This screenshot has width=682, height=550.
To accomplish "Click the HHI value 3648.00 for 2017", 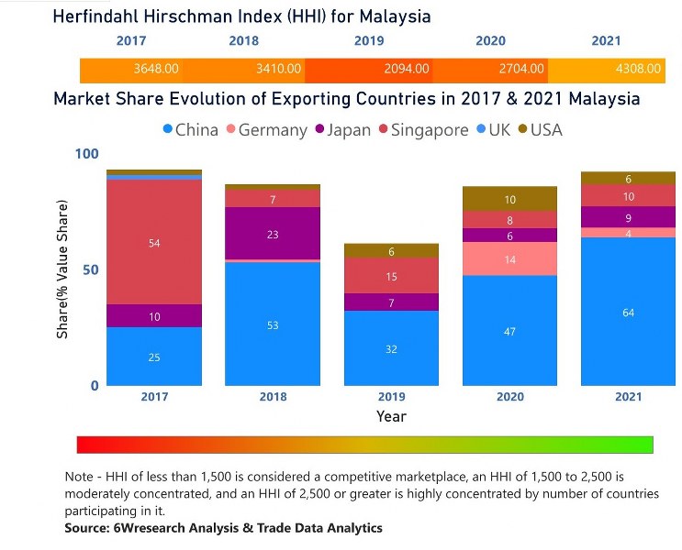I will pyautogui.click(x=155, y=69).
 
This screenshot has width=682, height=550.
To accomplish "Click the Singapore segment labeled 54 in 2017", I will pyautogui.click(x=154, y=243).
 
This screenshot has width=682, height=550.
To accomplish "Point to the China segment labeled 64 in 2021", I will pyautogui.click(x=628, y=313).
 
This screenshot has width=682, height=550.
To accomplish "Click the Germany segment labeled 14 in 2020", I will pyautogui.click(x=510, y=260).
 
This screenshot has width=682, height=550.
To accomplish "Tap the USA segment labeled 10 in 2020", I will pyautogui.click(x=510, y=199).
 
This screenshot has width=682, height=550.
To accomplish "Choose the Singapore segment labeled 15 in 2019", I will pyautogui.click(x=391, y=276).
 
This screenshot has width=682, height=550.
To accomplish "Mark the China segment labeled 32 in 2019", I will pyautogui.click(x=391, y=348).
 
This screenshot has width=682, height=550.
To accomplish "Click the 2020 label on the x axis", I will pyautogui.click(x=510, y=397).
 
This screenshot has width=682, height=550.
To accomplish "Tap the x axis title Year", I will pyautogui.click(x=391, y=416).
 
